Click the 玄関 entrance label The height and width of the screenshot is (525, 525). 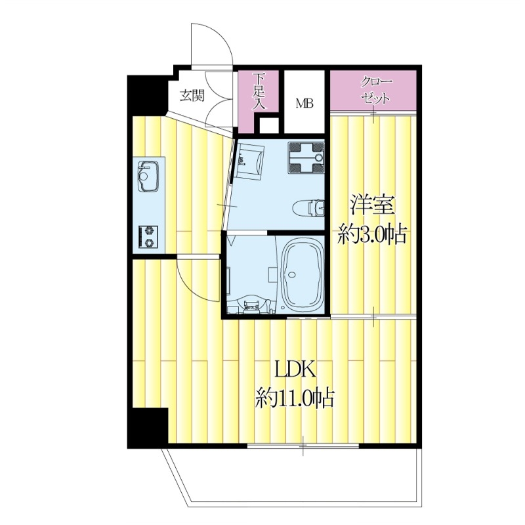pos(192,96)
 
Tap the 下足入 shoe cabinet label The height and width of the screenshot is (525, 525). pos(259,91)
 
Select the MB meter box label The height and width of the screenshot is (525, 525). pos(304,104)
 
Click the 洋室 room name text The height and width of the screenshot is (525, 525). pos(371,205)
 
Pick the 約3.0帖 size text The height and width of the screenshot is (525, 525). pos(371,234)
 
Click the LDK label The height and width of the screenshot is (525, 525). pos(295,369)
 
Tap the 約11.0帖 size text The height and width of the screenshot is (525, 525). pos(295,398)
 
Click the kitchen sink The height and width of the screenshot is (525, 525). pos(148,177)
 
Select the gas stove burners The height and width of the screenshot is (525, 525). pos(148,237)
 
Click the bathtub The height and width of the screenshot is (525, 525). pos(301,276)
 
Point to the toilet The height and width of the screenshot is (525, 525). pos(308,207)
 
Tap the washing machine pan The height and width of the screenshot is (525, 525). pos(306,157)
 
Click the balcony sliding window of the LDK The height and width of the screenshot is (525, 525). pos(303,446)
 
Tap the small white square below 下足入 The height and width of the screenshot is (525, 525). pos(269,125)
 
